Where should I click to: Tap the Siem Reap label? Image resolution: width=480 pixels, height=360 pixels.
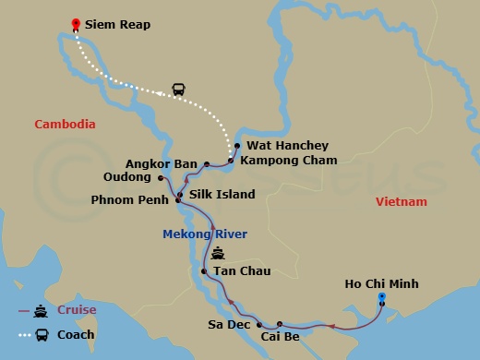click(117, 25)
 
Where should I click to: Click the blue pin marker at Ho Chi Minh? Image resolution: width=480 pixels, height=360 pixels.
click(381, 297)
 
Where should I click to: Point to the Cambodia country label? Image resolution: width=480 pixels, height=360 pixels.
click(66, 124)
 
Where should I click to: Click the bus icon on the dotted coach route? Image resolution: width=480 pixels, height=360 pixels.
click(178, 90)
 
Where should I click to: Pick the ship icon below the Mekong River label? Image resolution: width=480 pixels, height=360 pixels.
click(217, 253)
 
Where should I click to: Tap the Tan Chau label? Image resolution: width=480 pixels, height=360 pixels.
click(237, 271)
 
